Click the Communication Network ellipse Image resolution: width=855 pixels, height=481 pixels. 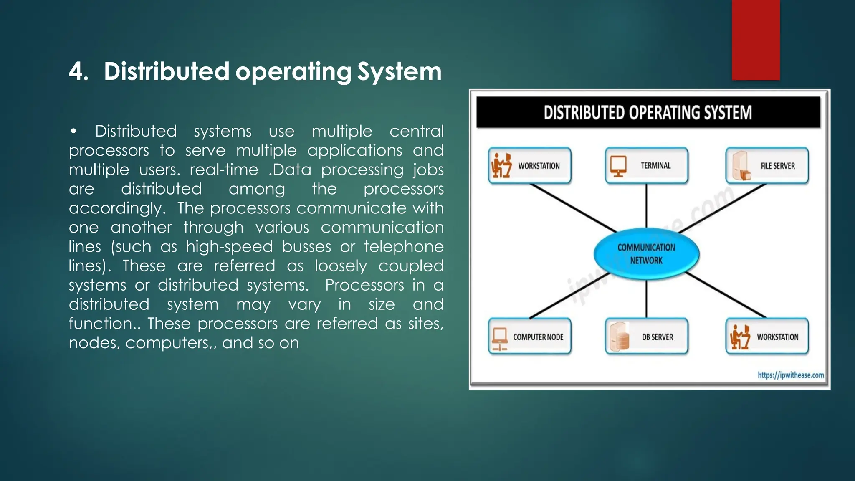646,254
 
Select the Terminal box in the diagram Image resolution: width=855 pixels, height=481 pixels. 646,166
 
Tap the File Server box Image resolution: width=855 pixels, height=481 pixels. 767,166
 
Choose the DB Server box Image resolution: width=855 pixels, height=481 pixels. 646,337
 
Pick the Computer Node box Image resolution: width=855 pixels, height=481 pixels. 529,337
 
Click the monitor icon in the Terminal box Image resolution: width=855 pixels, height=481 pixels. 618,166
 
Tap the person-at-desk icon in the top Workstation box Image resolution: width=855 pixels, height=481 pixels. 501,165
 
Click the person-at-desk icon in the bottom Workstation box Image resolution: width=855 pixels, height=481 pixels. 739,337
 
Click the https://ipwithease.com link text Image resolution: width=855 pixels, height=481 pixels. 791,375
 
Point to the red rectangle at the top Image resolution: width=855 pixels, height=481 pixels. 756,40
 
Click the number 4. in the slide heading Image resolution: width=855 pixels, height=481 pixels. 78,71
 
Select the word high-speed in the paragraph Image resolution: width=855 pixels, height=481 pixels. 229,246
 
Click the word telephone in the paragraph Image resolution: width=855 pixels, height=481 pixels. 403,246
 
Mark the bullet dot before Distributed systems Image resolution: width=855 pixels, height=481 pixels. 73,132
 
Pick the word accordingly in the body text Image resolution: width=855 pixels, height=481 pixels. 117,208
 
